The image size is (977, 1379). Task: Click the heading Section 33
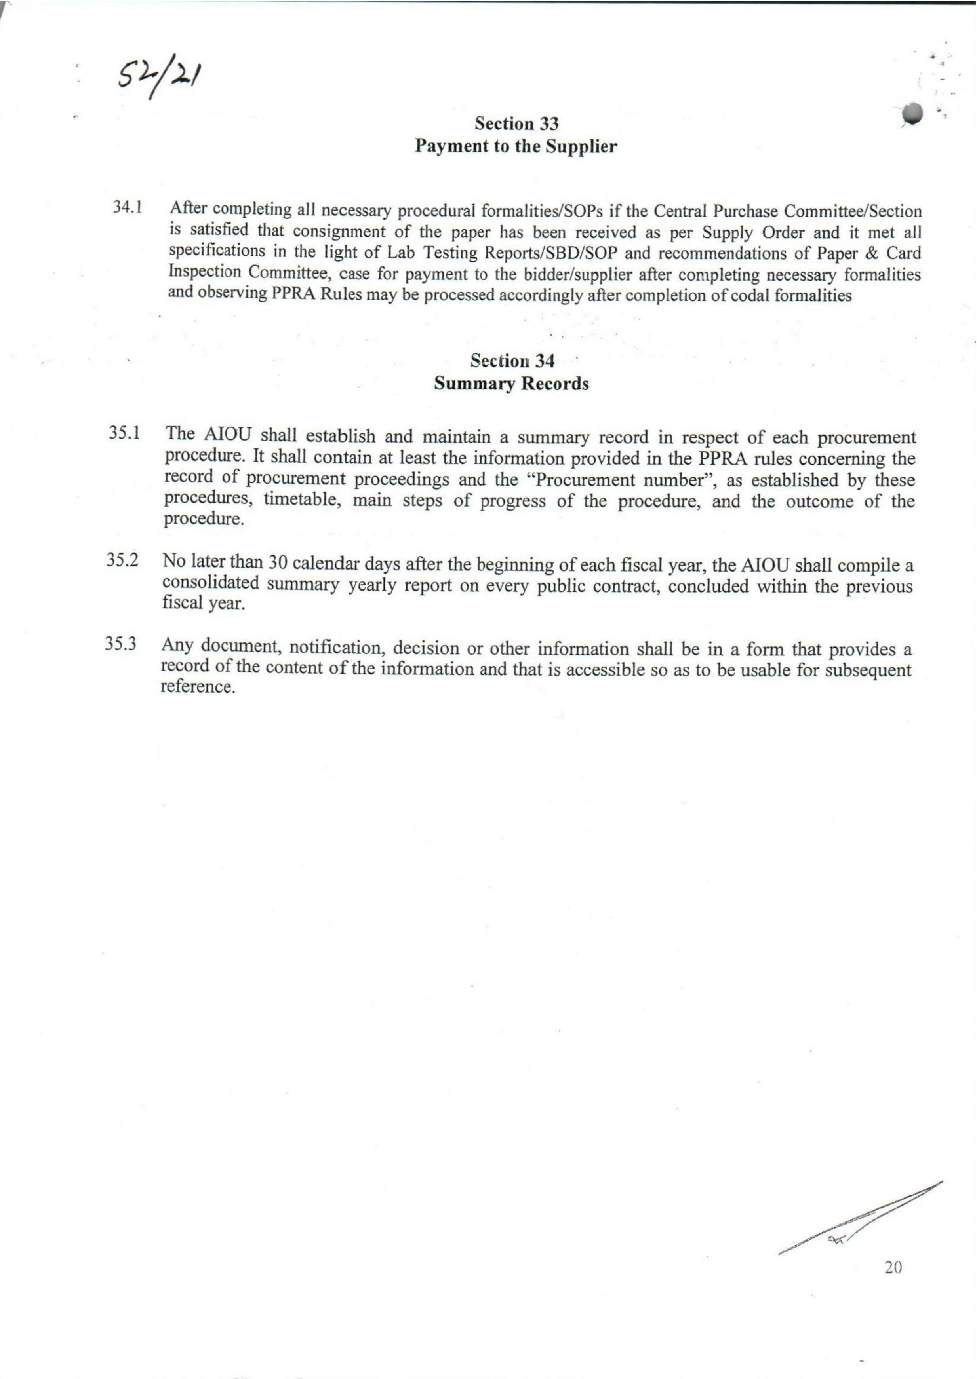tap(517, 124)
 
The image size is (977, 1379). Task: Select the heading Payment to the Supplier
tap(516, 147)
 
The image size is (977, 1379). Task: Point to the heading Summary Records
tap(511, 384)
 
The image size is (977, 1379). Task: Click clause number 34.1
tap(128, 207)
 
